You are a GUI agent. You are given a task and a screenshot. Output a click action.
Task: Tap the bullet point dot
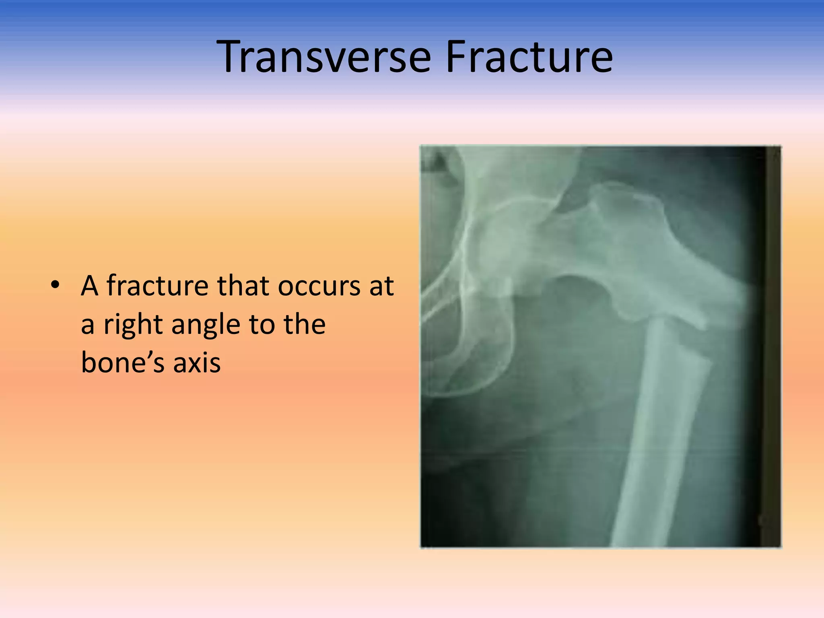click(55, 285)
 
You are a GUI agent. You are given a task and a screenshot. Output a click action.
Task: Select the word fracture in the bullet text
click(157, 286)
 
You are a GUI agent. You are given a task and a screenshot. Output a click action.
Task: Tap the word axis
click(197, 362)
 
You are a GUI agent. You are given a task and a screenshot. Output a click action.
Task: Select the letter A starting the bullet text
click(89, 286)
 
